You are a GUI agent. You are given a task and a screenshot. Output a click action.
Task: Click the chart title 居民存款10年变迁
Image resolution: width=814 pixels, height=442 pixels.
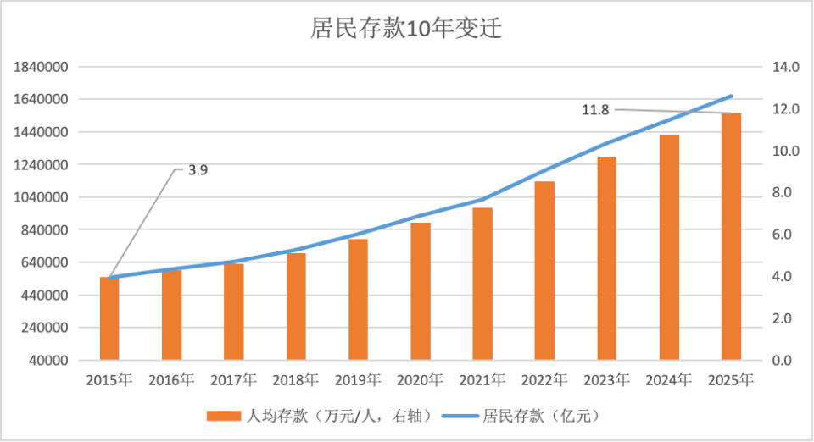[x=407, y=29]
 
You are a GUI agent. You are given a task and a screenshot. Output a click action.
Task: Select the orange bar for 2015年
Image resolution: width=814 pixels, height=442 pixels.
[x=109, y=318]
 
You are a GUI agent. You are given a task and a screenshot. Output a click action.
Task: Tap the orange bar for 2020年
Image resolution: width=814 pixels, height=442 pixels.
[x=421, y=291]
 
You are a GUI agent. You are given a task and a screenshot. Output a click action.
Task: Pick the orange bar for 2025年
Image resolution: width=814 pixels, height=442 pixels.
[x=731, y=237]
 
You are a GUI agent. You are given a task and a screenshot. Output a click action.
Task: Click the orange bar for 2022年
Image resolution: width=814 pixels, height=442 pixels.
[x=544, y=271]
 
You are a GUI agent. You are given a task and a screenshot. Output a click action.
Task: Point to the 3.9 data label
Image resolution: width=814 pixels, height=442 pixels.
[x=198, y=169]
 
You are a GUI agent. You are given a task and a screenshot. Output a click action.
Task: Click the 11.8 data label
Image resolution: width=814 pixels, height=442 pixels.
[x=595, y=109]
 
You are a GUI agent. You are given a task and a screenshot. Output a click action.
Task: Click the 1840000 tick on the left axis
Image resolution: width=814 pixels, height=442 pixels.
[x=41, y=67]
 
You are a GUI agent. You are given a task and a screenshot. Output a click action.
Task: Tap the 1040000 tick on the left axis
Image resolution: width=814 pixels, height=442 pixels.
[x=41, y=197]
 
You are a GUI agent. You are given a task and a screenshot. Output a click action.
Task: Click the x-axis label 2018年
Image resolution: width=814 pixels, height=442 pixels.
[x=296, y=379]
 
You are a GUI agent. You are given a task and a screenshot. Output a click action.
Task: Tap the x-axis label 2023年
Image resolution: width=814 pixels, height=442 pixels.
[x=606, y=379]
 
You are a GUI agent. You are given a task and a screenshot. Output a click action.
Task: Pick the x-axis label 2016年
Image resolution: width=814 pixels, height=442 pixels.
[x=171, y=379]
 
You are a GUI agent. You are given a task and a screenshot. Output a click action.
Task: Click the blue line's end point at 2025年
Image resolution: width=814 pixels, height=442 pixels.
[x=731, y=97]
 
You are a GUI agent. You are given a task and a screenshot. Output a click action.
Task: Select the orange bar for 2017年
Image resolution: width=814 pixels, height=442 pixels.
[x=234, y=312]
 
